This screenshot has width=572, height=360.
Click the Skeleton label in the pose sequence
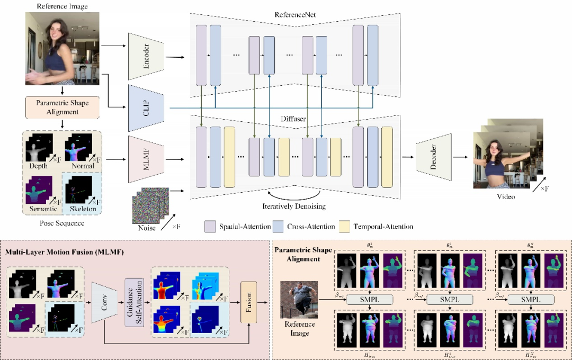point(83,209)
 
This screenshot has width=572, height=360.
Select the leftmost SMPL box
point(371,299)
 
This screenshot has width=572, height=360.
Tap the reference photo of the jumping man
point(299,299)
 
